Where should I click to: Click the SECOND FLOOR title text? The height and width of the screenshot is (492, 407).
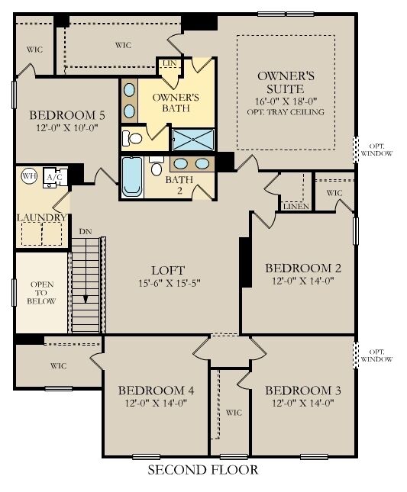tap(202, 470)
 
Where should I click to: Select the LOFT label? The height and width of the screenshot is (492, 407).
tap(167, 269)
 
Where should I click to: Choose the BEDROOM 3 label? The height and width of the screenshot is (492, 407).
tap(302, 391)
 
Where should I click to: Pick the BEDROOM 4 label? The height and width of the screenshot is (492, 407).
tap(156, 391)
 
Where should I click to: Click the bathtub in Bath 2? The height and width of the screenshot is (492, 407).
tap(132, 177)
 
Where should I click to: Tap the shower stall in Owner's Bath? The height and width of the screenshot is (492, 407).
tap(192, 140)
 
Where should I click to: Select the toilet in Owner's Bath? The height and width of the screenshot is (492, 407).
tap(134, 139)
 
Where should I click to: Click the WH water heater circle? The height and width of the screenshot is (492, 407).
tap(29, 175)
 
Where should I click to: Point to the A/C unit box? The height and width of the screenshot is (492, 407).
tap(55, 176)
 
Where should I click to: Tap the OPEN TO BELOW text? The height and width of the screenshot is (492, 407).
tap(41, 293)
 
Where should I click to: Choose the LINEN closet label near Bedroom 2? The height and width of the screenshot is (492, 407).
tap(295, 207)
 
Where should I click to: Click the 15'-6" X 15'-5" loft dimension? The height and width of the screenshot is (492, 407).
tap(167, 284)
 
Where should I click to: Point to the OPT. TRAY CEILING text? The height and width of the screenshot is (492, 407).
tap(286, 112)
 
